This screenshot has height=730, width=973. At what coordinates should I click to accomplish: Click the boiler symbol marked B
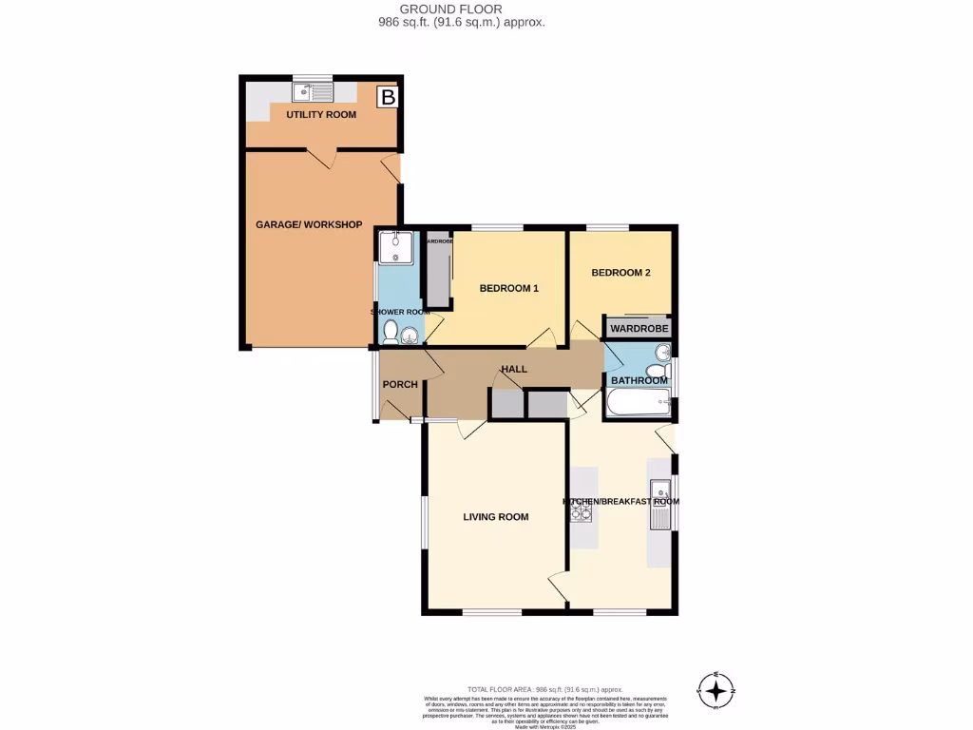(387, 96)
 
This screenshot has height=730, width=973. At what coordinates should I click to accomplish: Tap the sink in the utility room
(313, 92)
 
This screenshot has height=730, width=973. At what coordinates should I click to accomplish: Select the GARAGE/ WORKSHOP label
(309, 224)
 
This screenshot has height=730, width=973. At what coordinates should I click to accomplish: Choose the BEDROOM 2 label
(620, 273)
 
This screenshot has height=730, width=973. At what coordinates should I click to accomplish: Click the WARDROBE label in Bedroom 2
(639, 329)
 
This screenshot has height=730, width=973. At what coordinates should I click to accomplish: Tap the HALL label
(514, 369)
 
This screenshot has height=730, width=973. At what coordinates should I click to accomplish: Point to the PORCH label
(400, 385)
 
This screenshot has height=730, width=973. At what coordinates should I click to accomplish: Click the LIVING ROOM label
(495, 517)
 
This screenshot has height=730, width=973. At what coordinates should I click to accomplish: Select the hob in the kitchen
(582, 513)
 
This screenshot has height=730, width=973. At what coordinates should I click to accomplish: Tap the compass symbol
(716, 689)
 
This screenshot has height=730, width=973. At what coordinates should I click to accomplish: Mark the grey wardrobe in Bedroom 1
(438, 276)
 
